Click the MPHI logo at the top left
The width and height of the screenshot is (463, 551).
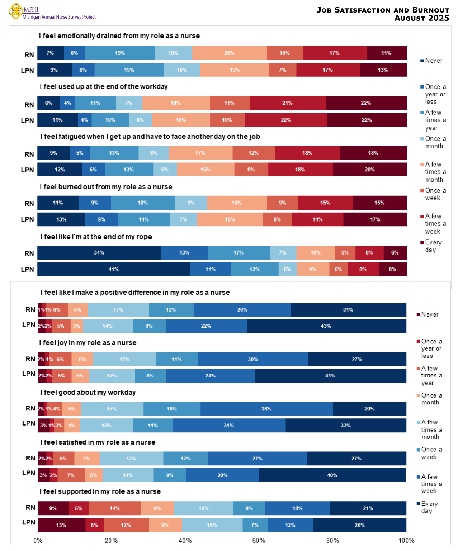coord(16,11)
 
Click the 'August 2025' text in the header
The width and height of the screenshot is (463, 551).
coord(421,18)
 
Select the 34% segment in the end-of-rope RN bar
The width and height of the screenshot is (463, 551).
coord(99,253)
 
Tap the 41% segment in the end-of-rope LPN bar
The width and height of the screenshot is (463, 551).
coord(114,269)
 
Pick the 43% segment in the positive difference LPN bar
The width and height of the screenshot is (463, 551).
coord(326,326)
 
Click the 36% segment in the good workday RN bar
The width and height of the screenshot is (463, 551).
coord(266,409)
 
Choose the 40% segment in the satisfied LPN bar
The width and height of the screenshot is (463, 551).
coord(332,475)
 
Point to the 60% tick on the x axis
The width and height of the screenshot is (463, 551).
coord(259,541)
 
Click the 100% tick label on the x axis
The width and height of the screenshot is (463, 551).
coord(406,541)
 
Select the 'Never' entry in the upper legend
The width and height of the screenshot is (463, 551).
coord(433,61)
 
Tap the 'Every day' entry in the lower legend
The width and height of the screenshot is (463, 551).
coord(429,507)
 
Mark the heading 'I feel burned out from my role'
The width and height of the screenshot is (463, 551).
coord(106,187)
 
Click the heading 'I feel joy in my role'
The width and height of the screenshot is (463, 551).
coord(88,343)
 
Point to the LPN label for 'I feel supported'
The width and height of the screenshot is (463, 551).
coord(29,522)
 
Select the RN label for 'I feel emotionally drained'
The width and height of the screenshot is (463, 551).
coord(29,55)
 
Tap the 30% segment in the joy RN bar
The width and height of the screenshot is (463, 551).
coord(253,360)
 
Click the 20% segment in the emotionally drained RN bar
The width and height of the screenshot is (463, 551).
coord(229,53)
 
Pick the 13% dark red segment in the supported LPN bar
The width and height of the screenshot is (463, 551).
coord(61,525)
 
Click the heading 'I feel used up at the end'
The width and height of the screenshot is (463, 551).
coord(104,87)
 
